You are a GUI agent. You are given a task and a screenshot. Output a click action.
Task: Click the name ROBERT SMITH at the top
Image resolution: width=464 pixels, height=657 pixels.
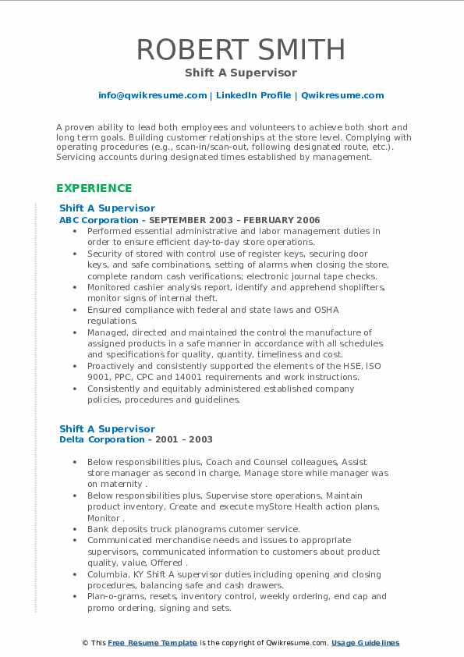click(x=240, y=49)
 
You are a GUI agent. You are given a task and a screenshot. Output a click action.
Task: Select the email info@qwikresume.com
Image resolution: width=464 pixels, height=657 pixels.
click(x=152, y=95)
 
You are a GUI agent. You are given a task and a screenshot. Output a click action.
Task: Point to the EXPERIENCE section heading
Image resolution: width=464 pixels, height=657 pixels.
click(x=94, y=188)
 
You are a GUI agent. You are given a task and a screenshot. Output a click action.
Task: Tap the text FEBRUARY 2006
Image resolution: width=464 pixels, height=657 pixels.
click(x=286, y=220)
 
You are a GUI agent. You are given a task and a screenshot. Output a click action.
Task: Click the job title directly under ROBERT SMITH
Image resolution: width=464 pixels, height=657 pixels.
click(x=240, y=73)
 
